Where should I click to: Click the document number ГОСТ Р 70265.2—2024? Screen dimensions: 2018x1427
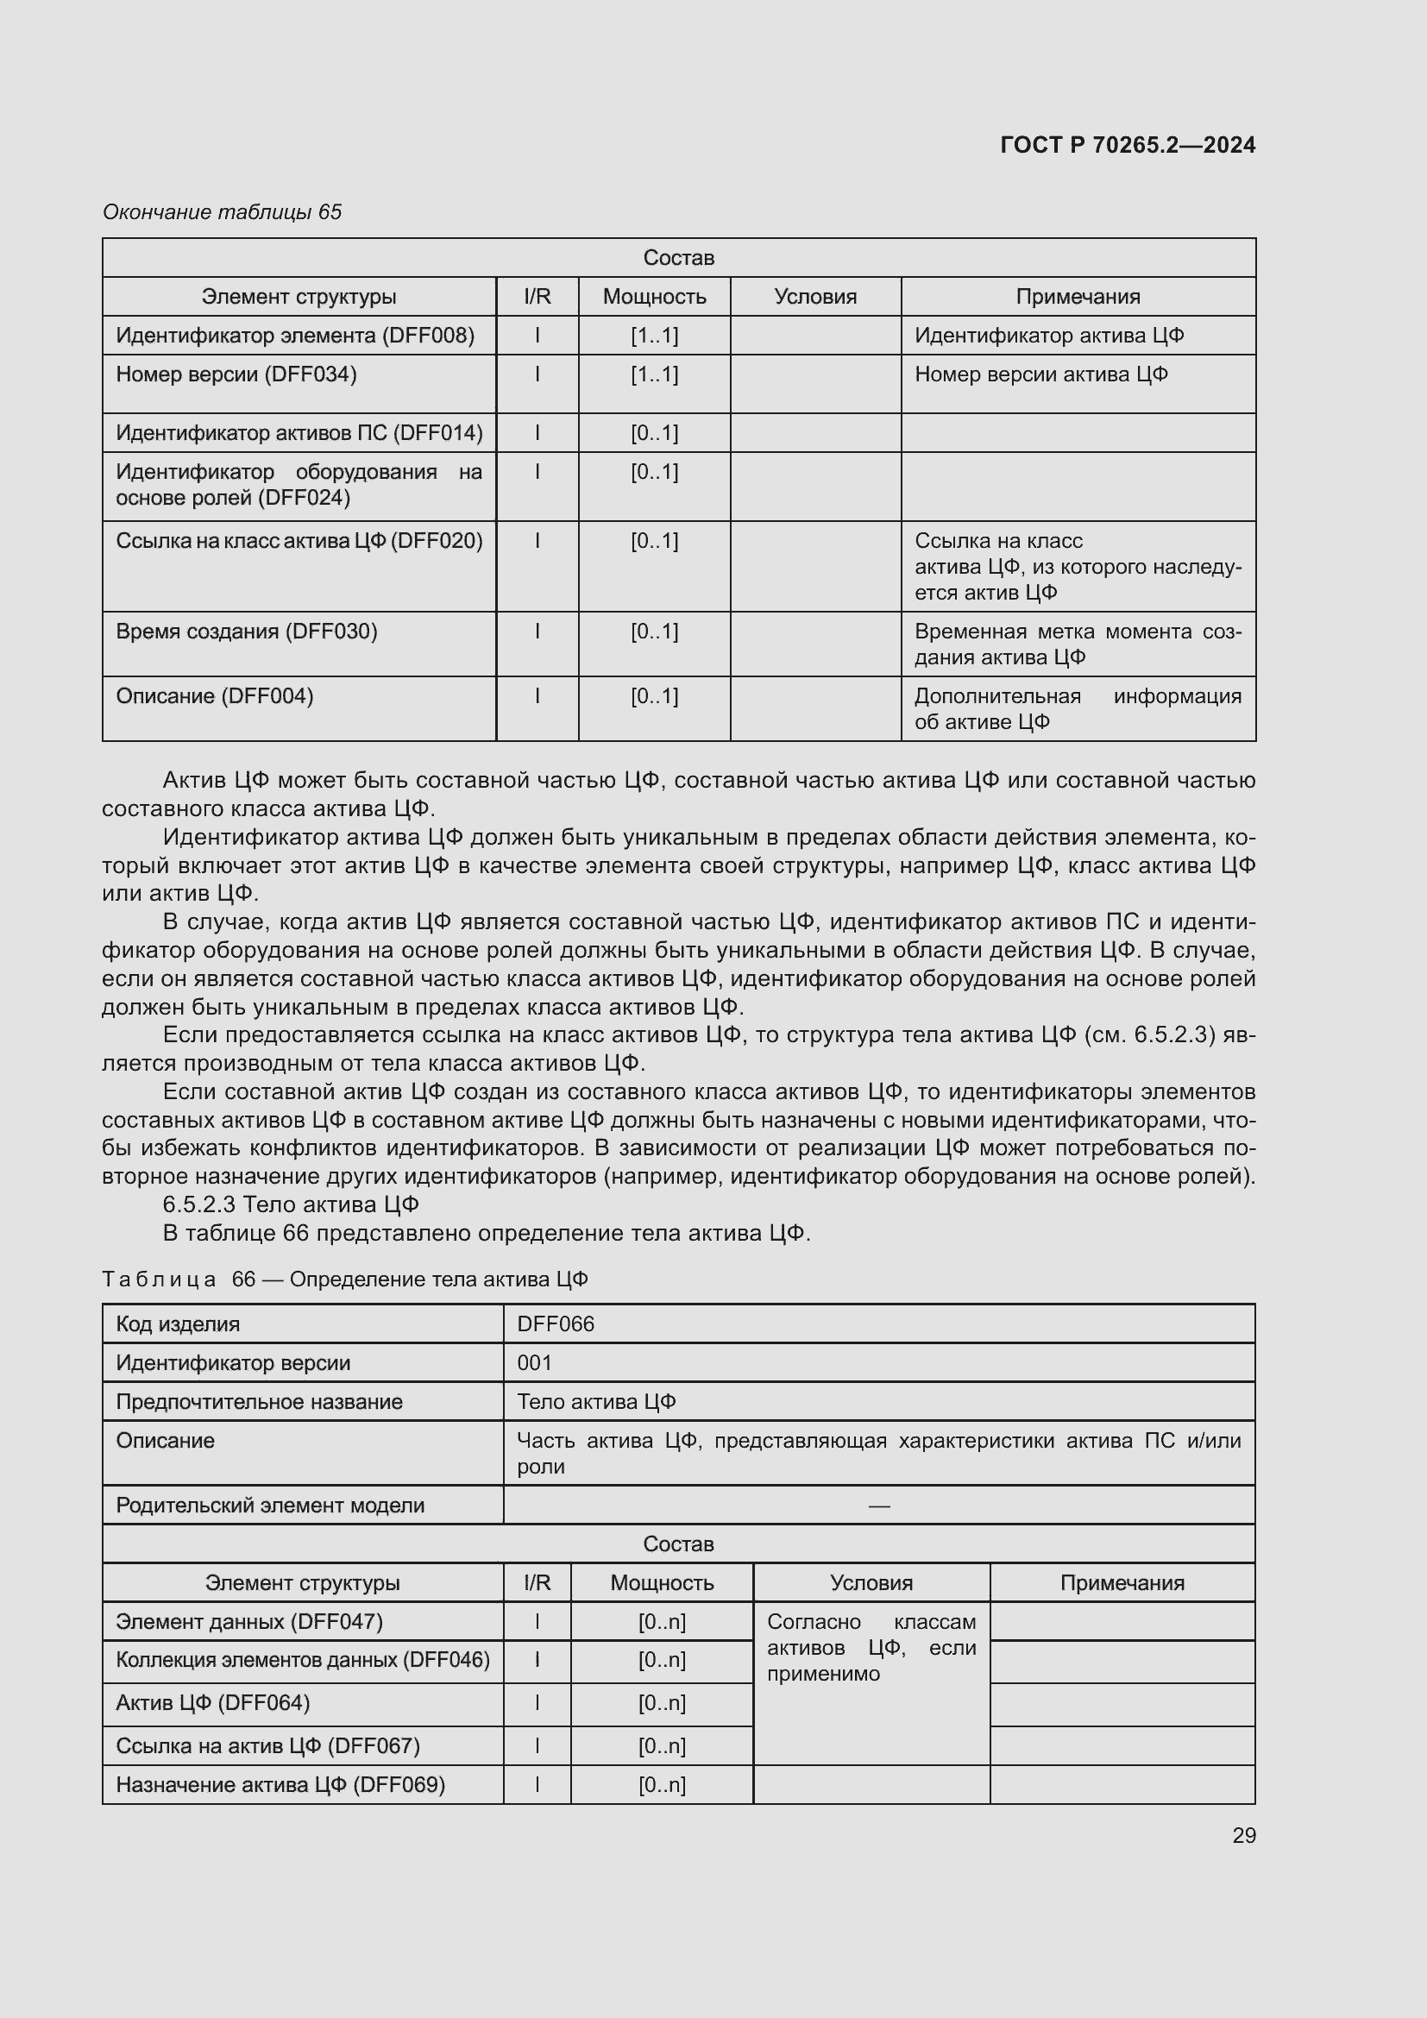click(x=1128, y=145)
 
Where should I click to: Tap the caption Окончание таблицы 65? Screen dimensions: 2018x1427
click(x=222, y=212)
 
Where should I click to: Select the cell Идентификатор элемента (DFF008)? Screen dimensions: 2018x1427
click(x=295, y=336)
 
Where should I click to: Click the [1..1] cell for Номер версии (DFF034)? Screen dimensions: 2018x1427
click(x=654, y=375)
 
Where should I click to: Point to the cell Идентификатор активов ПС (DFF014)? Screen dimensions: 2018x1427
click(x=299, y=433)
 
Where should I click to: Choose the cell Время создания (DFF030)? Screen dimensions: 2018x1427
click(x=247, y=632)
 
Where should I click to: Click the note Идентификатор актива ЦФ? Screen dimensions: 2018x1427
click(x=1049, y=336)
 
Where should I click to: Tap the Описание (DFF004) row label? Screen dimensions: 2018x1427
click(x=215, y=696)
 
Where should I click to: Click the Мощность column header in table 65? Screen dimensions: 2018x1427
click(x=654, y=297)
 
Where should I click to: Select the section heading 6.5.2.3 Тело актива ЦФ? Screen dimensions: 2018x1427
click(x=291, y=1204)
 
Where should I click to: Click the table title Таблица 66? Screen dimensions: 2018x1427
click(x=344, y=1279)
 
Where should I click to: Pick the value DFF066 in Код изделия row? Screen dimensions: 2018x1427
click(x=556, y=1324)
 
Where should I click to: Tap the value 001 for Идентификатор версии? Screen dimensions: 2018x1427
click(x=534, y=1363)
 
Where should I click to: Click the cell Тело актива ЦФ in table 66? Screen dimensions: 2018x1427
click(x=596, y=1402)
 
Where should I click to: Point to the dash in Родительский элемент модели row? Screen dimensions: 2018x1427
click(x=878, y=1506)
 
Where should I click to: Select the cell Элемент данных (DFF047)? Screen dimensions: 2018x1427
click(x=249, y=1622)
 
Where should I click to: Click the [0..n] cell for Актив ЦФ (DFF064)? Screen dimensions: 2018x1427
click(x=662, y=1703)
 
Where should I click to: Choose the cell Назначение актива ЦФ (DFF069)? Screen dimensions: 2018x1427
click(x=280, y=1785)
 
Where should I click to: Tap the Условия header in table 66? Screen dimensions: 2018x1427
click(x=871, y=1583)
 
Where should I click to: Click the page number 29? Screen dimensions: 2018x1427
click(x=1243, y=1835)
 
